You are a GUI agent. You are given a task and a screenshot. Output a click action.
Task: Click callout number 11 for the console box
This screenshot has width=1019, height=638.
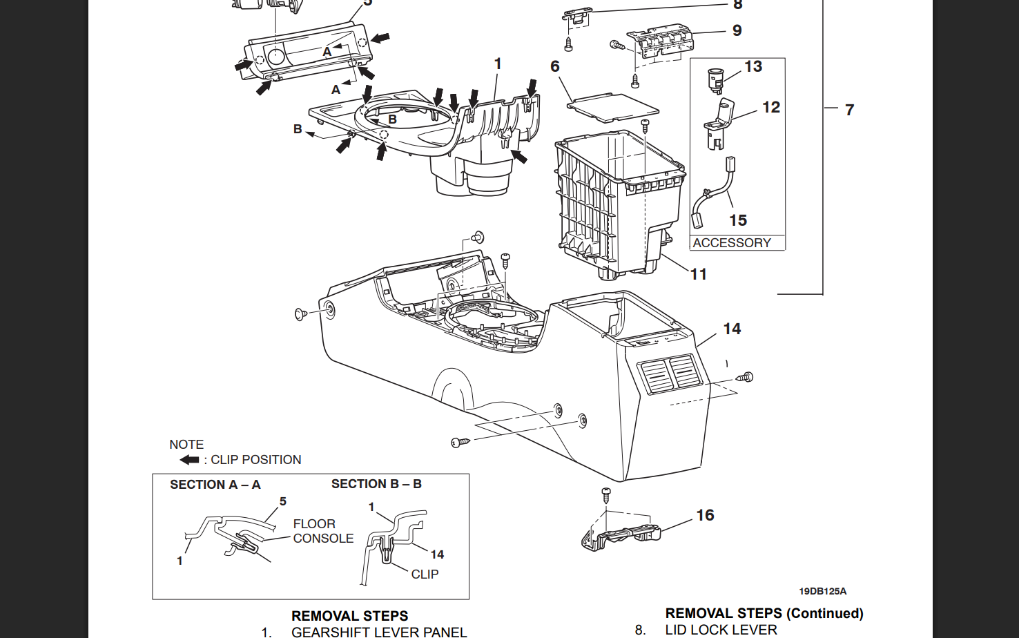click(699, 274)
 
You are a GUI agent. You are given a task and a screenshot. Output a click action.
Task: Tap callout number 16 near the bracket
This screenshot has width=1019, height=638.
click(705, 515)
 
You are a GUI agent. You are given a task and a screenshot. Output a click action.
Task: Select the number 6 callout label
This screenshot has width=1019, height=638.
click(554, 66)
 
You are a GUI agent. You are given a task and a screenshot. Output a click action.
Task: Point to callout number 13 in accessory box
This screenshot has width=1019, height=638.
click(753, 66)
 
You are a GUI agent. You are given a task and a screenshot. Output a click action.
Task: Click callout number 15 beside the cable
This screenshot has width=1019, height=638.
click(738, 220)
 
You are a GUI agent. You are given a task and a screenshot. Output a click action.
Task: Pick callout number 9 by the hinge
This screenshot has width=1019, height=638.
click(737, 30)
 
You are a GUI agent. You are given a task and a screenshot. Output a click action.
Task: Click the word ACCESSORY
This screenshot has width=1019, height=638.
click(731, 243)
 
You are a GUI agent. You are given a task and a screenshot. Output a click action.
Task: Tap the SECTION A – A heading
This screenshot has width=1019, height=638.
click(215, 485)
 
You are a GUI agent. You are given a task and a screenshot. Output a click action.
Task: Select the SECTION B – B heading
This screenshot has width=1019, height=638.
click(376, 484)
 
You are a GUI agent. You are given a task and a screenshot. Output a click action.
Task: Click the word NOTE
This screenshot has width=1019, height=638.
click(186, 445)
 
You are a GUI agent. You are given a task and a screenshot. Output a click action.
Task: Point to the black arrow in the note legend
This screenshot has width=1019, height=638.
click(189, 460)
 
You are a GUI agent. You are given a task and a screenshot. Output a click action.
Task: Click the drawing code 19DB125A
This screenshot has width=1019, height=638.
click(822, 591)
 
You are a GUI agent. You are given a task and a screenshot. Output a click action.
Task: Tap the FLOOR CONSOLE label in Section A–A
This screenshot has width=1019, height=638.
click(322, 531)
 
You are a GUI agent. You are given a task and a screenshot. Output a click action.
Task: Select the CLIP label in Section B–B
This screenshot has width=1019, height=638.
click(425, 574)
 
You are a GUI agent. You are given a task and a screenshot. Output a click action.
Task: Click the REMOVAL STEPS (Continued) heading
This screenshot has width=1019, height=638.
click(764, 613)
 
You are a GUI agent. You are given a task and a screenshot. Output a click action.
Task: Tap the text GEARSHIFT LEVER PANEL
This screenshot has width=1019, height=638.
click(379, 631)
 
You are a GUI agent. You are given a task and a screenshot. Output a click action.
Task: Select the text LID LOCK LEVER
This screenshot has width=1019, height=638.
click(721, 630)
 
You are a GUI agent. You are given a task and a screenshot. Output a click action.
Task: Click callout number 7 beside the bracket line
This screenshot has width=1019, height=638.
click(849, 110)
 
